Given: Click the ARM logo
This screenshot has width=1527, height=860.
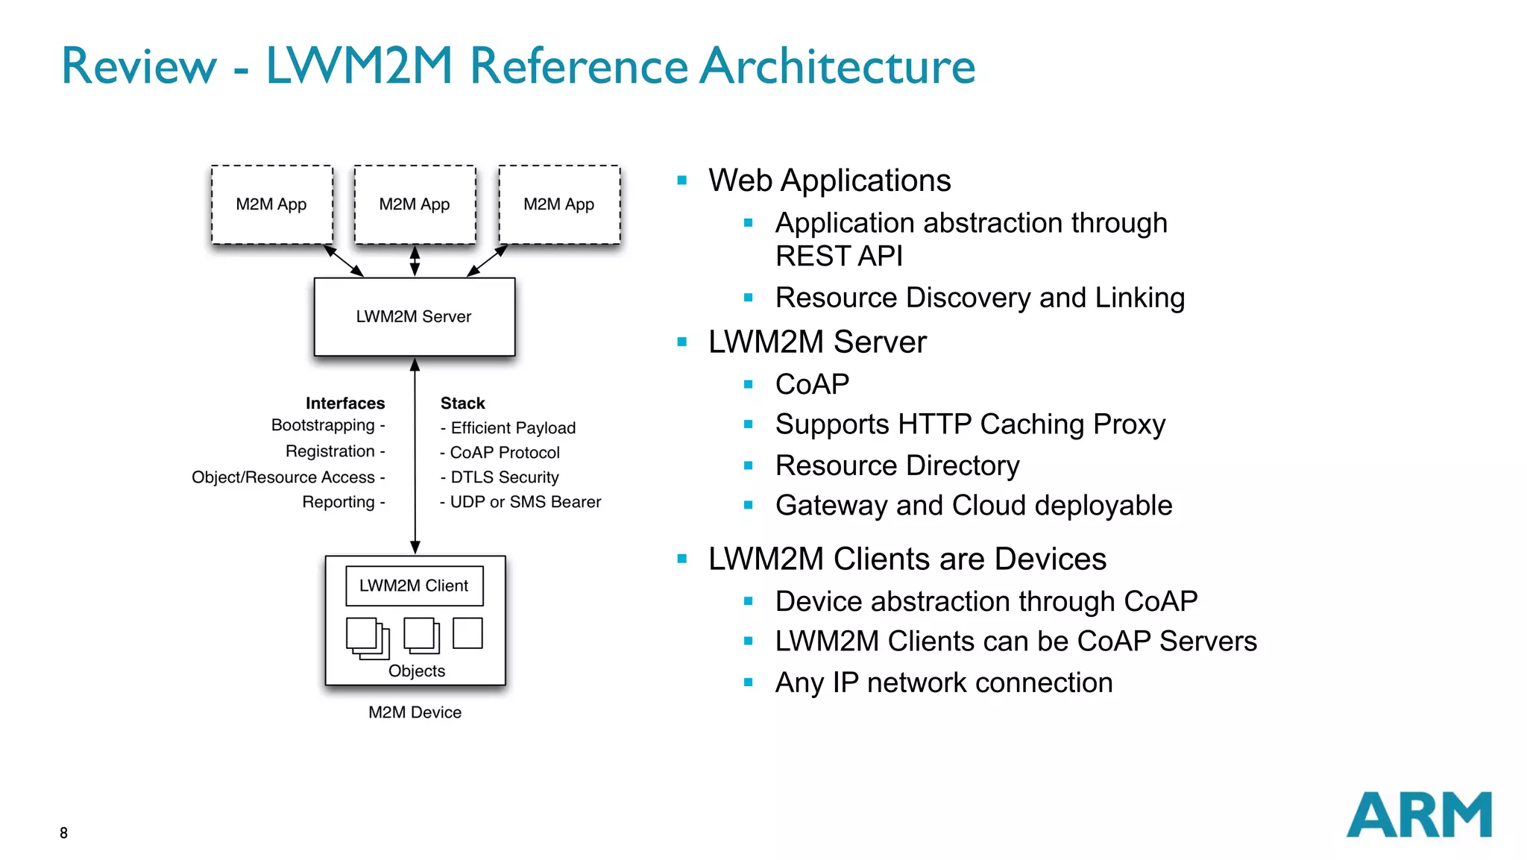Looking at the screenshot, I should (1418, 815).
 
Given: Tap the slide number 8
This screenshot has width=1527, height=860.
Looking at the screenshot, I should (63, 832).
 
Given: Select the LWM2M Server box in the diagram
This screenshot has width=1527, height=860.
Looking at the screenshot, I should (414, 316).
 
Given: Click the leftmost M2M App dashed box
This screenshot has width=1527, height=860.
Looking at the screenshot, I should (271, 204).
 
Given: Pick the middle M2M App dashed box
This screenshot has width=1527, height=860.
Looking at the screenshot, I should (415, 204).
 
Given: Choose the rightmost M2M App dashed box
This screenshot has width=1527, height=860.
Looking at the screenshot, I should (559, 204).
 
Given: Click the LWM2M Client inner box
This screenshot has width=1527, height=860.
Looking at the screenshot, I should (414, 586).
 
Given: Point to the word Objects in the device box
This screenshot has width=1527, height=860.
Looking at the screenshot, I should (416, 671).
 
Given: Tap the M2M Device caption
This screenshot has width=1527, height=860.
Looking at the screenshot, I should (415, 712).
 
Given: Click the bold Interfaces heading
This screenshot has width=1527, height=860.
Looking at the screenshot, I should (344, 404).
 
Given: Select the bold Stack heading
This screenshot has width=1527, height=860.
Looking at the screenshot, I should (462, 404).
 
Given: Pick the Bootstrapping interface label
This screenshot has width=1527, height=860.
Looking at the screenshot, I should (323, 425).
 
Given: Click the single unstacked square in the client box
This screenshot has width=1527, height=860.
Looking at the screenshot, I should (467, 633).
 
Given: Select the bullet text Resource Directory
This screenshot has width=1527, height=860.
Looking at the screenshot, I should (897, 465).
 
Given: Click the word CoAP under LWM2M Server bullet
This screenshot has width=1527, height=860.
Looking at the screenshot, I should (812, 384).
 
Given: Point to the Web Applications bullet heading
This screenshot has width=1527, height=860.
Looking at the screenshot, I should (829, 181).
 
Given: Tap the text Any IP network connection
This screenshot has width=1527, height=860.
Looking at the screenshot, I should (943, 682).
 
